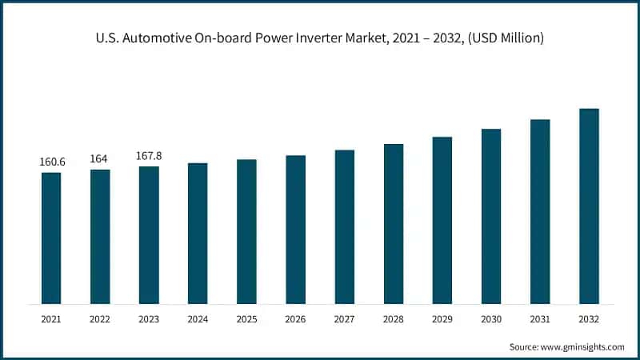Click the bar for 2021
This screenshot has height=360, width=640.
[51, 238]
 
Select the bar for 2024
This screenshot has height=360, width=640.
[198, 234]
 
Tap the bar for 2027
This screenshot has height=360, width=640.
[345, 227]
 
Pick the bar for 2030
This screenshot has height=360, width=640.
[491, 216]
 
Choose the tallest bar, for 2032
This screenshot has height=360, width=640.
[589, 206]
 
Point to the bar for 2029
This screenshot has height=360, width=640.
[442, 220]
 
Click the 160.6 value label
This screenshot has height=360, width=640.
[52, 162]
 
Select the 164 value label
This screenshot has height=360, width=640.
[100, 158]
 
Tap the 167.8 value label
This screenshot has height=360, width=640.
[149, 156]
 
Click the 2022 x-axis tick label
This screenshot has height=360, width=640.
[100, 318]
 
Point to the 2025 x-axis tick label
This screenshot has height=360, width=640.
[246, 318]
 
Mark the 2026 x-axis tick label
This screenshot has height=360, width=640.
[295, 318]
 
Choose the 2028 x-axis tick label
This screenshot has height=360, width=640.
[394, 318]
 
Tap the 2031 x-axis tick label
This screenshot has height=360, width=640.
[540, 318]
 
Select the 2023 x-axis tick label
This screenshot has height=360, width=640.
[149, 318]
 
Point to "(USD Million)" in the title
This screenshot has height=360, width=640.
[506, 38]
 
